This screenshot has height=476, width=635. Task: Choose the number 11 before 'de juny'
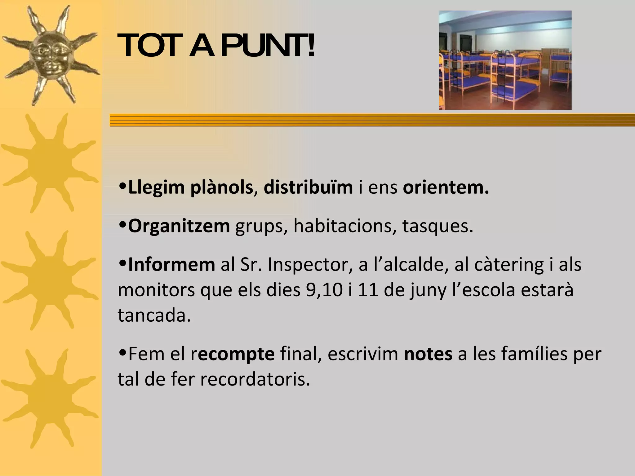tap(368, 290)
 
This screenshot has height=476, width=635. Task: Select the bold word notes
tap(428, 354)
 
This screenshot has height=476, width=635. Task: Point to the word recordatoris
tap(255, 379)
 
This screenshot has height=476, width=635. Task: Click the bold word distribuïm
tap(308, 187)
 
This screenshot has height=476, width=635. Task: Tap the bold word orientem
tap(446, 187)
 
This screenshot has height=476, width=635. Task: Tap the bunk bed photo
tap(505, 60)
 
